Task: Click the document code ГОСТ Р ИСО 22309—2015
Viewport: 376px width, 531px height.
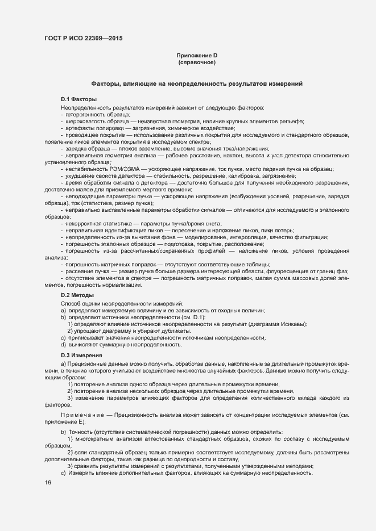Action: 83,39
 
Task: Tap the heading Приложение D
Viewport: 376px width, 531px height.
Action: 197,55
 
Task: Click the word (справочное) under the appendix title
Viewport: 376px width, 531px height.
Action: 197,62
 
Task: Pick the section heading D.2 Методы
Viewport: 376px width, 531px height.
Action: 77,296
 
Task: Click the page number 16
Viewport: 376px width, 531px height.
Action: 48,483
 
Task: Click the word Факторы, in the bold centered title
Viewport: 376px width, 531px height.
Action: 106,84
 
